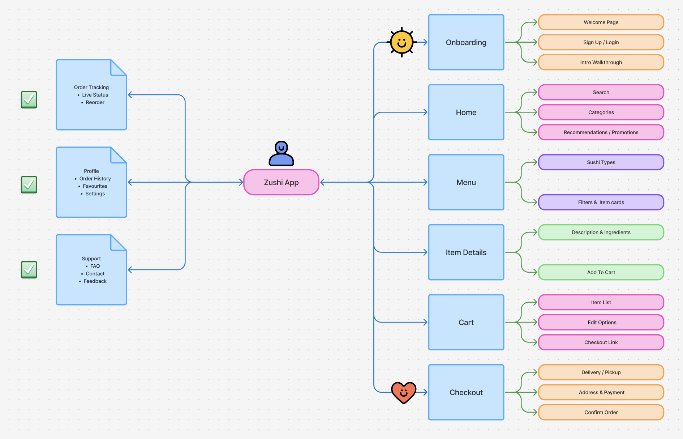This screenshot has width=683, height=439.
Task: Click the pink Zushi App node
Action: pyautogui.click(x=281, y=182)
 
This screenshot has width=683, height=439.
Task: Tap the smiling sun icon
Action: pyautogui.click(x=401, y=42)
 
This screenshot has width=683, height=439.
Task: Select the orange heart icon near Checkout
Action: pyautogui.click(x=404, y=392)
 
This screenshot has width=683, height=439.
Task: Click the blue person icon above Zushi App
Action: pyautogui.click(x=281, y=154)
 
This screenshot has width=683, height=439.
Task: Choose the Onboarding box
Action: pyautogui.click(x=466, y=42)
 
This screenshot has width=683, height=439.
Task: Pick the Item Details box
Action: pyautogui.click(x=466, y=252)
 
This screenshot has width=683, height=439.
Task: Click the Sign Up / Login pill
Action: pyautogui.click(x=601, y=42)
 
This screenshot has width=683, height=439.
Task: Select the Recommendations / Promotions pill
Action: pyautogui.click(x=601, y=132)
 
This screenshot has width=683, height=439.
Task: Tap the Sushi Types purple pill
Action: pyautogui.click(x=601, y=162)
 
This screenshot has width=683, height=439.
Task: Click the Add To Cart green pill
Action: pyautogui.click(x=601, y=272)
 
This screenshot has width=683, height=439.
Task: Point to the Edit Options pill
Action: pyautogui.click(x=601, y=322)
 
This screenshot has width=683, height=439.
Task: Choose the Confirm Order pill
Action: pyautogui.click(x=601, y=412)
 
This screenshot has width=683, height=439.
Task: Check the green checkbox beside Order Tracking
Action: pyautogui.click(x=29, y=99)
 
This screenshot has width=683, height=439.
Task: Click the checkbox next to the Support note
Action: pyautogui.click(x=29, y=269)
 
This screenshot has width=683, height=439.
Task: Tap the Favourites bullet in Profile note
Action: pyautogui.click(x=95, y=186)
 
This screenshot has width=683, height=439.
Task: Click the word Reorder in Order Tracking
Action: pyautogui.click(x=95, y=102)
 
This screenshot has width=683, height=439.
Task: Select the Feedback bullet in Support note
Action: pyautogui.click(x=95, y=281)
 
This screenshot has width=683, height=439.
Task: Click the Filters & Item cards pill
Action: pyautogui.click(x=601, y=203)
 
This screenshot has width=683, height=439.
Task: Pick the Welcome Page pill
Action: pyautogui.click(x=601, y=22)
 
